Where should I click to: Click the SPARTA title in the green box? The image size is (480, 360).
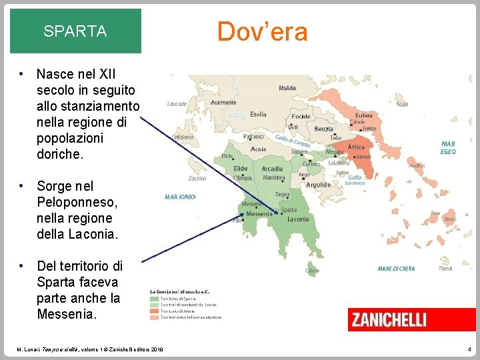point(75,31)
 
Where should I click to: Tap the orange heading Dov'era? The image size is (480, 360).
point(262,31)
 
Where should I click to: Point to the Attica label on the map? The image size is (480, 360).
point(357,147)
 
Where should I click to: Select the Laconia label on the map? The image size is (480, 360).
point(297,219)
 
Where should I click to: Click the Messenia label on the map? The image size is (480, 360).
point(259,214)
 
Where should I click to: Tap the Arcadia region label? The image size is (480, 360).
point(272,169)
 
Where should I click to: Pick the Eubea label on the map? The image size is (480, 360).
point(363,115)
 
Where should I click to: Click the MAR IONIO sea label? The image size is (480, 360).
point(180,197)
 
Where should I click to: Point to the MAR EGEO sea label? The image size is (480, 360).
point(448,147)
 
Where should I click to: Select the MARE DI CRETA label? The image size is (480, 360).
point(396,269)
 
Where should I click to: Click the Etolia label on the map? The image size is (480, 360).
point(258,114)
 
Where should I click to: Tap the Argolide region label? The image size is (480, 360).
point(318,185)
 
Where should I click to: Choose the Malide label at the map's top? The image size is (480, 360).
point(287,88)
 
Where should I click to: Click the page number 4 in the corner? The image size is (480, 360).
point(469,349)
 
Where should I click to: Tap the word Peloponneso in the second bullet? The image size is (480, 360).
point(77,202)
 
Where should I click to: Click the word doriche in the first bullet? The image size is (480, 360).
point(60,154)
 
